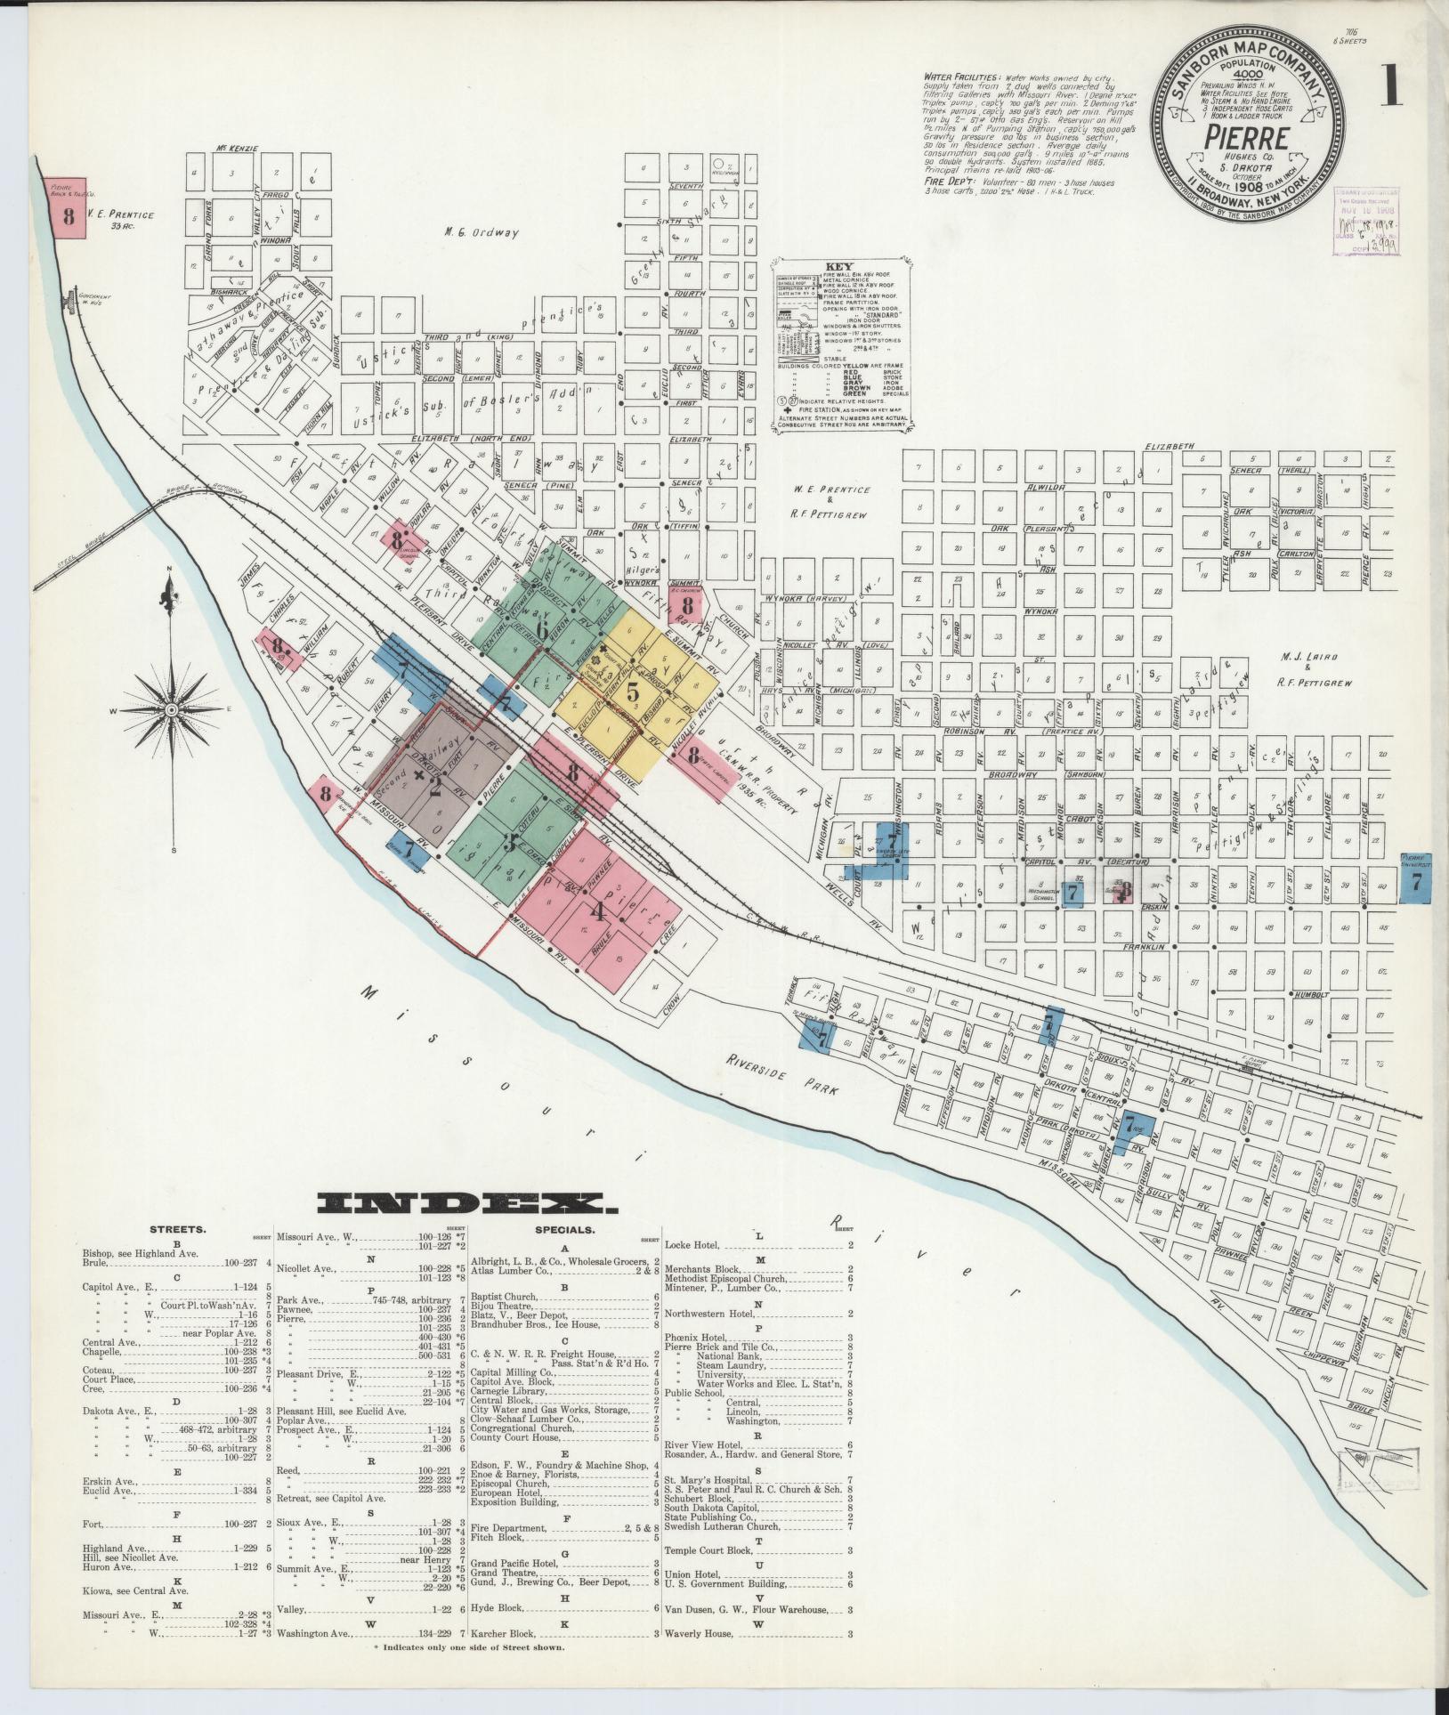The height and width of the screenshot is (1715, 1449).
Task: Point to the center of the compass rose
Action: pyautogui.click(x=171, y=709)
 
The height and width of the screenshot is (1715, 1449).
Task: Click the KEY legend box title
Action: pyautogui.click(x=839, y=265)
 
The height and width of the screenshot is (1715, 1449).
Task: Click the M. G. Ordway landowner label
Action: pyautogui.click(x=482, y=233)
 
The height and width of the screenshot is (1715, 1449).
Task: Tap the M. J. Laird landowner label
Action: pyautogui.click(x=1304, y=657)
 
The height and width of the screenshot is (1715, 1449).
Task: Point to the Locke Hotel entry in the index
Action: pyautogui.click(x=692, y=1245)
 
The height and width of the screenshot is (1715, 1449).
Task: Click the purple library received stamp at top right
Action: pyautogui.click(x=1364, y=222)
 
